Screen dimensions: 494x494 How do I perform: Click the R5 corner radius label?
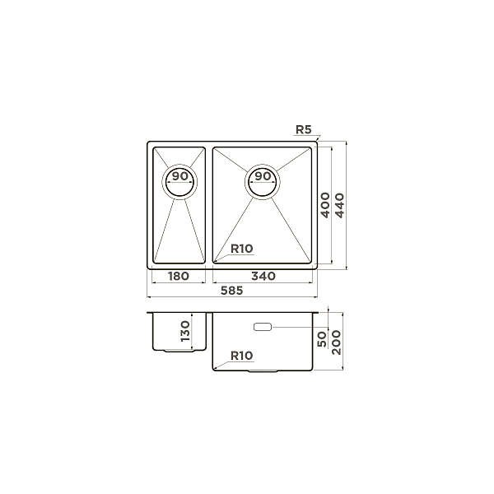[304, 129]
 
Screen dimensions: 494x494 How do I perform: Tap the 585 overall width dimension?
[232, 291]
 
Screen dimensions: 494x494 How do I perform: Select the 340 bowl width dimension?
[263, 277]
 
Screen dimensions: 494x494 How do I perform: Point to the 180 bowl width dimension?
[179, 277]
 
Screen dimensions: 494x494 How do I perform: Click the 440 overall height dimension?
[339, 205]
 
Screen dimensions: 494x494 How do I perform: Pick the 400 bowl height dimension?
[325, 205]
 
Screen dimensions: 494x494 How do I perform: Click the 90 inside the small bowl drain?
[179, 176]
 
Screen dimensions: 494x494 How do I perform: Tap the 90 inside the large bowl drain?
[263, 176]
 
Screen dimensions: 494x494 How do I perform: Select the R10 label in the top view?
[242, 249]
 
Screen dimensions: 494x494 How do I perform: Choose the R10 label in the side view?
[242, 356]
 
